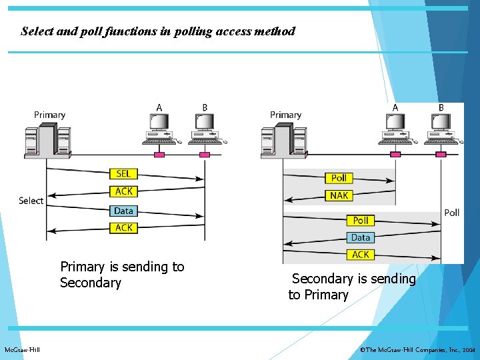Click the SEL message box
tap(123, 174)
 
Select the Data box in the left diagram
tap(123, 211)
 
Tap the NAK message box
tap(339, 195)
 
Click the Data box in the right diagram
tap(360, 237)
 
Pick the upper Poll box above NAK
tap(339, 178)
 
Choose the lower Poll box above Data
tap(360, 220)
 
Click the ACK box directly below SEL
tap(123, 191)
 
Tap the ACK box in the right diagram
tap(360, 255)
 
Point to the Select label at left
tap(31, 201)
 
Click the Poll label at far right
tap(451, 213)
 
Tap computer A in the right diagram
tap(396, 129)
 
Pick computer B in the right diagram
tap(441, 129)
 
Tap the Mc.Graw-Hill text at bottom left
tap(22, 350)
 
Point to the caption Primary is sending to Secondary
tap(122, 275)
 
